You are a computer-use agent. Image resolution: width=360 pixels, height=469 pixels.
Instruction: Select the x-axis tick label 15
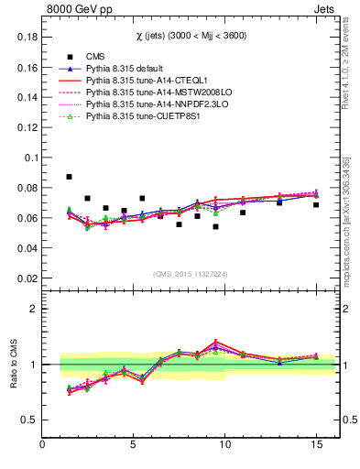coord(316,445)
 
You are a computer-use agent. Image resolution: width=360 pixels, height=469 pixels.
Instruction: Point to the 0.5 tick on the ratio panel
coord(28,420)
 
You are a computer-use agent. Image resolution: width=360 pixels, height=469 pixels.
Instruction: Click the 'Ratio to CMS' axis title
coord(13,365)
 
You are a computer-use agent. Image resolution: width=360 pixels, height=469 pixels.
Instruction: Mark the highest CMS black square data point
coord(70,177)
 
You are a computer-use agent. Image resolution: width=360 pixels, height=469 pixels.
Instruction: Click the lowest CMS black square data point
coord(215,226)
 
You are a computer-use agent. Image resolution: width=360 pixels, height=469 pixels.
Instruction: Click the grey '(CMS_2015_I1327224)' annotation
coord(191,273)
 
